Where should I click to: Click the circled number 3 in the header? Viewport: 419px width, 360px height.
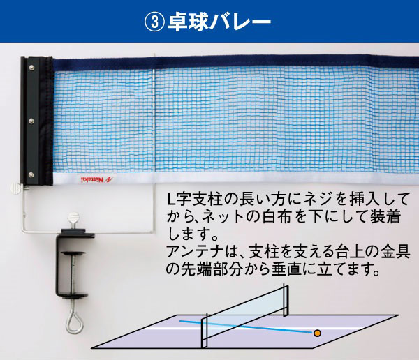[x=154, y=22]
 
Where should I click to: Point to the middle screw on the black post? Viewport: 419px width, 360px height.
[x=31, y=121]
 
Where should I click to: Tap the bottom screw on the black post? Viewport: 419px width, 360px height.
[x=31, y=175]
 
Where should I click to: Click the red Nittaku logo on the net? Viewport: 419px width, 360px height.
[x=97, y=179]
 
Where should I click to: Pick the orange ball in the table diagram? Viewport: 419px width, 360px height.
[x=317, y=333]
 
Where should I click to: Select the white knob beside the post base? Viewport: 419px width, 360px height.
[x=17, y=188]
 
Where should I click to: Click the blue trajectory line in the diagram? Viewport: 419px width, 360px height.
[x=246, y=327]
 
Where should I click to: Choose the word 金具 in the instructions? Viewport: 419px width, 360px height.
[x=395, y=252]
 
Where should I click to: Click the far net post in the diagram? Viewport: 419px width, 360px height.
[x=286, y=301]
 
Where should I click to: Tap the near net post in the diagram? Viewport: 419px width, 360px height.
[x=204, y=331]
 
